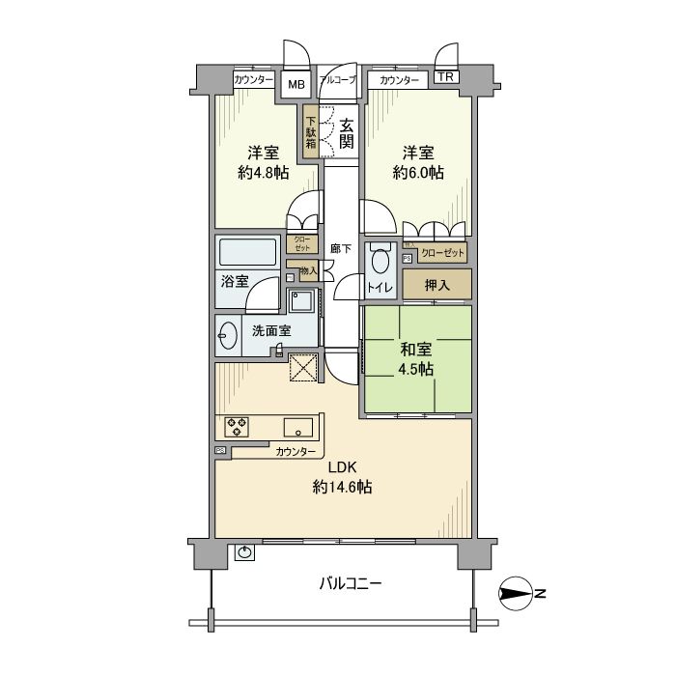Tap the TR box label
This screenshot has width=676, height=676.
pos(445,78)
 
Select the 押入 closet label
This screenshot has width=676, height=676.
pos(437,285)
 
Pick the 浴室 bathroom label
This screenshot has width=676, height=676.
pos(234,282)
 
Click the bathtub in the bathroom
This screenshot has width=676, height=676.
pos(249,253)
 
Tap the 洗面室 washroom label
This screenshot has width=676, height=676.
pos(271,330)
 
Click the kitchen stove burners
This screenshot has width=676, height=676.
pos(238,426)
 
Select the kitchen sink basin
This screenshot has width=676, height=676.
pos(296,426)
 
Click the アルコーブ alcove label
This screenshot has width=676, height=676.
pos(338,80)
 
